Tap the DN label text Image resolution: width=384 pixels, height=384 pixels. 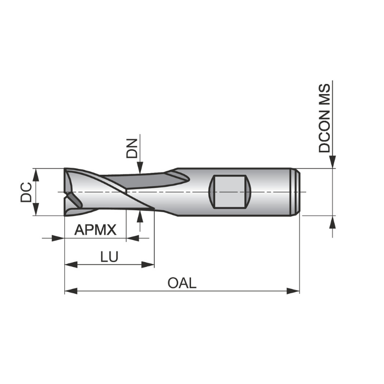tap(132, 148)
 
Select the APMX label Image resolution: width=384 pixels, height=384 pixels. tap(96, 230)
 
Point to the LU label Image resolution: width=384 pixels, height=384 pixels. tap(109, 257)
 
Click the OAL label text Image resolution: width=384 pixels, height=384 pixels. tap(182, 283)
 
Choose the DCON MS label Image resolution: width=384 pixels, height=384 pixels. tap(325, 118)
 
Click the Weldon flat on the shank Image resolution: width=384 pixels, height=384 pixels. tap(230, 192)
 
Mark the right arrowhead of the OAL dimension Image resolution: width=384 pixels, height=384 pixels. tap(293, 290)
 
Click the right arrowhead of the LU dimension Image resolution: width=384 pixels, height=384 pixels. tap(148, 264)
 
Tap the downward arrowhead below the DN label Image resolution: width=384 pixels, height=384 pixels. tap(140, 168)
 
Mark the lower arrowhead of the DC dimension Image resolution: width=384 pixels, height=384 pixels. tap(35, 210)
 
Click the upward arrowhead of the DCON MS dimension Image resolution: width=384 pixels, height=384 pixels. tap(332, 221)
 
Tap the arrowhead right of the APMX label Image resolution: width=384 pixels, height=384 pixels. tap(132, 238)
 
